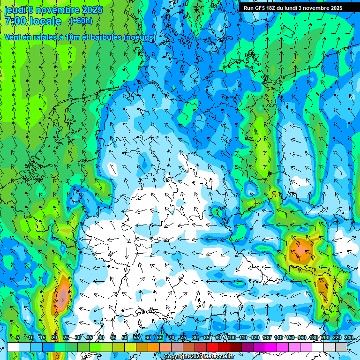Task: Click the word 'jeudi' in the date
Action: (15, 9)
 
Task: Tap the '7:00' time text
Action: (15, 21)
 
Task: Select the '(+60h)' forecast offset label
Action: (81, 21)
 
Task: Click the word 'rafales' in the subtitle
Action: (40, 37)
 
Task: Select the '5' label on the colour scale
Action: (18, 337)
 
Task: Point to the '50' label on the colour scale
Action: (125, 337)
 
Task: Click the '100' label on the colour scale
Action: (232, 337)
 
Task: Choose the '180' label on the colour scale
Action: (314, 337)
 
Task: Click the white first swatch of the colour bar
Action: (13, 347)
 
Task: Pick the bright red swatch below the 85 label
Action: (212, 347)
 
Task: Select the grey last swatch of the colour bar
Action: (341, 347)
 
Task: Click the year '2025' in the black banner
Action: (334, 8)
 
